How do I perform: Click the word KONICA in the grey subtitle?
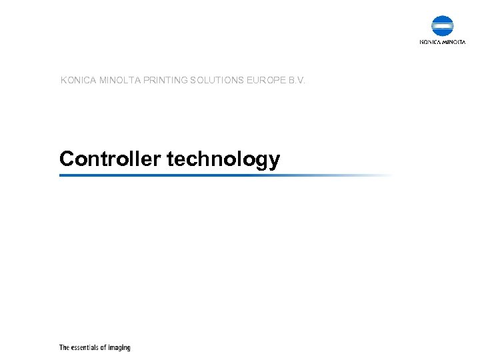pos(78,81)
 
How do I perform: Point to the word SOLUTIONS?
pos(219,81)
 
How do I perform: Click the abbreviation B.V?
pos(297,81)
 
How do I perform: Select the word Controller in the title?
pos(111,159)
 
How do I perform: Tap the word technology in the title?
pos(223,159)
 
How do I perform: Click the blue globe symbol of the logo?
pos(443,26)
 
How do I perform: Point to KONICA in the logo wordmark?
pos(430,42)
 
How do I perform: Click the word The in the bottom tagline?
pos(64,347)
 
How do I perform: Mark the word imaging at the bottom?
pos(119,348)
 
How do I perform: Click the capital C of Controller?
pos(66,159)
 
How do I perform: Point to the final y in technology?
pos(274,162)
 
